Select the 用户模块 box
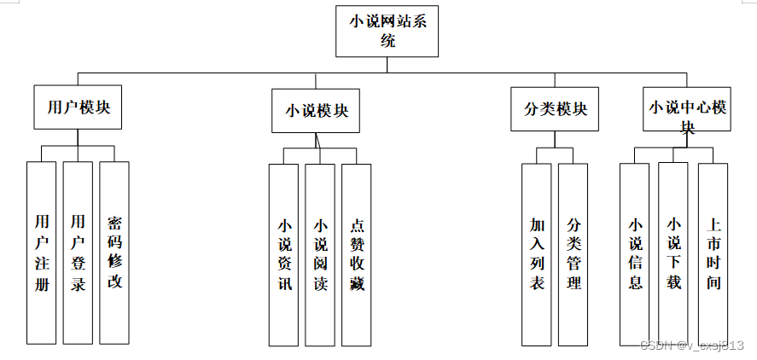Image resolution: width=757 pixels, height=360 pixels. (79, 107)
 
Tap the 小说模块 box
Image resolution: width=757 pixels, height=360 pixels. (316, 111)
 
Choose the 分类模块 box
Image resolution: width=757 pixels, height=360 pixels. (555, 109)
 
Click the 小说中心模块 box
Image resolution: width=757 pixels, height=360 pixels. (687, 109)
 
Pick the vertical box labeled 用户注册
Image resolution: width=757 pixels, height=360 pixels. (41, 252)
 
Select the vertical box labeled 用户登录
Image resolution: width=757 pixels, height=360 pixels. (78, 252)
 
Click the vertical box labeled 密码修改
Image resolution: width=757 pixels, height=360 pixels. (114, 252)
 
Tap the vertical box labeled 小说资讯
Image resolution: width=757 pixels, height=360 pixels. (284, 254)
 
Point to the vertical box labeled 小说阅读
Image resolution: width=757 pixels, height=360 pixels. (320, 254)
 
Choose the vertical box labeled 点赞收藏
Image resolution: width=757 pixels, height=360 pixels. (357, 254)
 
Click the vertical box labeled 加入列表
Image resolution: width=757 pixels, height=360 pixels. (537, 253)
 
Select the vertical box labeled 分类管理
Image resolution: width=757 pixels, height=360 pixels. (574, 253)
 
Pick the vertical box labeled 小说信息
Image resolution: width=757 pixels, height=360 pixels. (635, 253)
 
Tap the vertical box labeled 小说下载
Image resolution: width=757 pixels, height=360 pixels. (673, 253)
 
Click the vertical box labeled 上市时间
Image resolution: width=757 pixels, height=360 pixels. (713, 253)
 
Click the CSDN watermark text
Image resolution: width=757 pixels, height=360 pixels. (692, 345)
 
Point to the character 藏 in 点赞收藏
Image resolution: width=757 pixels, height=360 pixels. (357, 284)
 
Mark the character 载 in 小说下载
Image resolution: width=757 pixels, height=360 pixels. (673, 282)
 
